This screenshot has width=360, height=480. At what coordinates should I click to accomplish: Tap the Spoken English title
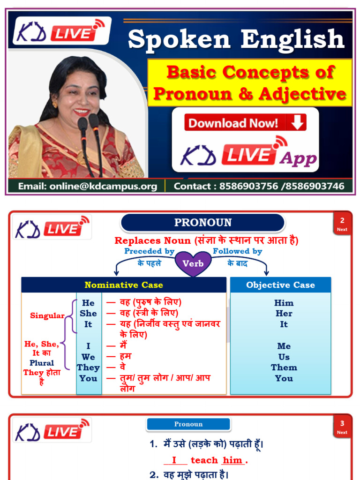[236, 39]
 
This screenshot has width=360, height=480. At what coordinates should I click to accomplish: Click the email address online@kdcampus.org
[87, 186]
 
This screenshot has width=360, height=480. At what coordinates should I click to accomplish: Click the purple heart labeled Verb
[193, 263]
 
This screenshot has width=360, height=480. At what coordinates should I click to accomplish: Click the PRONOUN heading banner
[202, 223]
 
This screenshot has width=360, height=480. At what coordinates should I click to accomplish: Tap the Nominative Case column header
[124, 285]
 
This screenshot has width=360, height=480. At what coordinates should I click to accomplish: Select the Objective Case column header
[280, 285]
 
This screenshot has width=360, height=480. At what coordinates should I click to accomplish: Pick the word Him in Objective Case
[284, 303]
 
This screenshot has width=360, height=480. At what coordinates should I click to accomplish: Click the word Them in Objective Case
[284, 367]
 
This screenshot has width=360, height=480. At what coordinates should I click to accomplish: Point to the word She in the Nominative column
[88, 314]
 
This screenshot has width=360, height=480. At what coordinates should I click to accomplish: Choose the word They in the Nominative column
[88, 367]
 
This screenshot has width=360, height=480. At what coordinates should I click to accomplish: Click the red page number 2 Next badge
[342, 224]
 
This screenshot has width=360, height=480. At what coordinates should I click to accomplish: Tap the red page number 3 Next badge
[342, 427]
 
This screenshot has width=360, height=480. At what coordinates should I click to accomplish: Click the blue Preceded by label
[149, 251]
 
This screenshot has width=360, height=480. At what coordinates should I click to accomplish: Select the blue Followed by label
[237, 251]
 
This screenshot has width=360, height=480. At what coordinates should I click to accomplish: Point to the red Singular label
[47, 315]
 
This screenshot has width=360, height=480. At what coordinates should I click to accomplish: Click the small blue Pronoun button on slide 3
[188, 424]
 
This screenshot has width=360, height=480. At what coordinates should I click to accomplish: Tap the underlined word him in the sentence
[232, 460]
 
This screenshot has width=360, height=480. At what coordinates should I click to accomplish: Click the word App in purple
[298, 159]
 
